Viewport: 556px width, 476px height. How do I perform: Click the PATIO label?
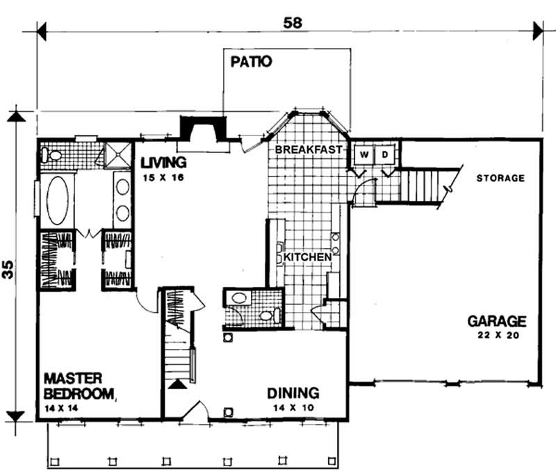coord(250,61)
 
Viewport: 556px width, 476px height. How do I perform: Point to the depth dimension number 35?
coord(9,270)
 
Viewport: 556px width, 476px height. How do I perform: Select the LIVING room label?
coord(163,163)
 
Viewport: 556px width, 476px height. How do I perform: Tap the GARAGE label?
coord(496,321)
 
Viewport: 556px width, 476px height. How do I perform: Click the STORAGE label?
coord(500,179)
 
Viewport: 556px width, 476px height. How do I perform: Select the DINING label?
coord(293,393)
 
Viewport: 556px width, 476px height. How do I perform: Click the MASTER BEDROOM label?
coord(78,386)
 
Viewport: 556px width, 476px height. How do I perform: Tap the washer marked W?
coord(362,154)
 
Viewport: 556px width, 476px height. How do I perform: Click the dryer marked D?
coord(386,154)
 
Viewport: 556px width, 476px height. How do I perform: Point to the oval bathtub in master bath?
coord(58,200)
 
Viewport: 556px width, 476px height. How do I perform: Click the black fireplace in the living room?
coord(202,129)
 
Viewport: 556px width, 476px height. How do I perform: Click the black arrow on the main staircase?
coord(178,384)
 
